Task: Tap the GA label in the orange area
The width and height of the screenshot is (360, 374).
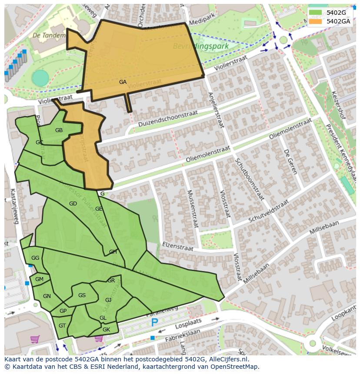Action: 123,82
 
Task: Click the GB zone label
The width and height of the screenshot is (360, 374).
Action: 59,130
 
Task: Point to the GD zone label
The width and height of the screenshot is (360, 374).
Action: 73,204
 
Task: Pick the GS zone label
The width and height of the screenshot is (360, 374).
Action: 82,295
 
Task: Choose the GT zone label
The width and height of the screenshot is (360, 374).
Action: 62,326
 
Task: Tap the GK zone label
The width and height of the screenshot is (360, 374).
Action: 106,330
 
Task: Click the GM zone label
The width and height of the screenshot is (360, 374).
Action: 39,279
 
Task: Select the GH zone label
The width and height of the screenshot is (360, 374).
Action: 113,252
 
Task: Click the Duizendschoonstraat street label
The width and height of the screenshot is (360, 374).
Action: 168,118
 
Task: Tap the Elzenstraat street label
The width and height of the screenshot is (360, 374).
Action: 178,245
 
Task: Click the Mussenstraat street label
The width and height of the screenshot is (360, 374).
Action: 193,209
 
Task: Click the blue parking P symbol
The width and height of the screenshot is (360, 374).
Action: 154,323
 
